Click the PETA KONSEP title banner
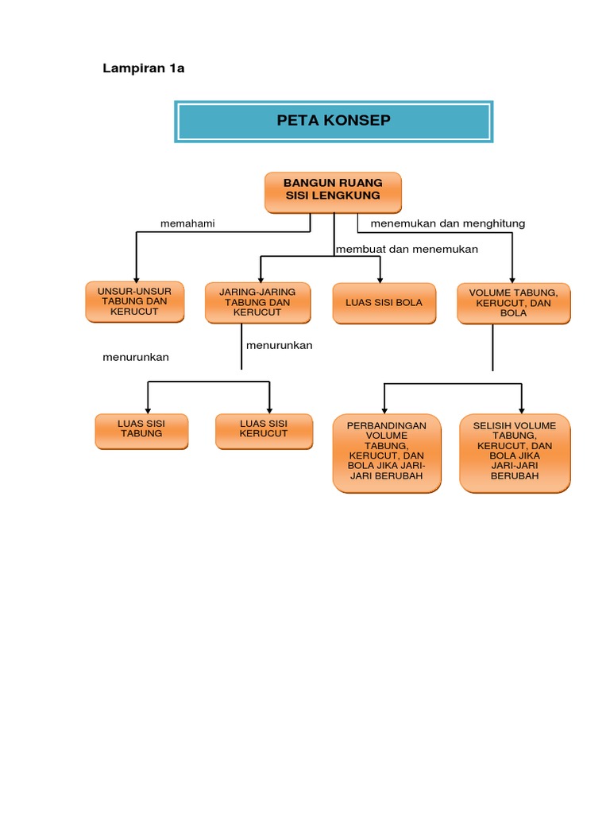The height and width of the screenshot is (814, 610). [334, 121]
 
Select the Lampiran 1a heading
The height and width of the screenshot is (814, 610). [144, 68]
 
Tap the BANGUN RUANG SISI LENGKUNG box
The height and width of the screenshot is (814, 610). [332, 192]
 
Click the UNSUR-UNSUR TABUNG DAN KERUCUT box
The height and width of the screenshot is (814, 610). [134, 302]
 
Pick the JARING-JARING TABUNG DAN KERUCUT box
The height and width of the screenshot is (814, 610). [257, 303]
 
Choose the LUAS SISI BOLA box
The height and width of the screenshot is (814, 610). [384, 303]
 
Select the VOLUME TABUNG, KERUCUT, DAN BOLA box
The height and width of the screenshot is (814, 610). [513, 303]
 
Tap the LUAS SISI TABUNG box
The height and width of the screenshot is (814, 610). [141, 430]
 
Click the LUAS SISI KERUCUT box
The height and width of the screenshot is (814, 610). [264, 430]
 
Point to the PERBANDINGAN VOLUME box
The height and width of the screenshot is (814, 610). [387, 452]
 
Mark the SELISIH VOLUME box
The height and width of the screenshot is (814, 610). [515, 452]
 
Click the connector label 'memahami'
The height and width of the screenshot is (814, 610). [187, 224]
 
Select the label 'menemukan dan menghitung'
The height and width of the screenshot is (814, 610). [448, 224]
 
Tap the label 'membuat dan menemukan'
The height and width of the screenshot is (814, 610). [407, 250]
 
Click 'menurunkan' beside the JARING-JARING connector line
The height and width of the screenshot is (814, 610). [280, 346]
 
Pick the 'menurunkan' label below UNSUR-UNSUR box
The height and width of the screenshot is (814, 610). [136, 358]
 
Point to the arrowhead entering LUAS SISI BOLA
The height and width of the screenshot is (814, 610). [381, 277]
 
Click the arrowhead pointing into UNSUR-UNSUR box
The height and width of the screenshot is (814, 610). [137, 277]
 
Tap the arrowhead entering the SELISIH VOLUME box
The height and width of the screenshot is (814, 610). [521, 408]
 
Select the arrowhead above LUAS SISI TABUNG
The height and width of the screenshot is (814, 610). [148, 407]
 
